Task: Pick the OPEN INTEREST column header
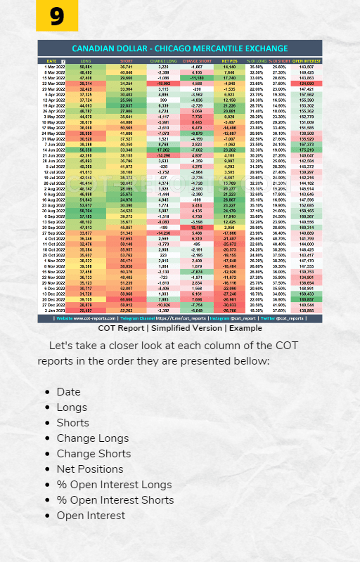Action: pyautogui.click(x=307, y=62)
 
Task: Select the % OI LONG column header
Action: pyautogui.click(x=257, y=62)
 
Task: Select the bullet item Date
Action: pyautogui.click(x=69, y=392)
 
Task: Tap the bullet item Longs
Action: pyautogui.click(x=72, y=407)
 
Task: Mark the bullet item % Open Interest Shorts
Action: pyautogui.click(x=115, y=500)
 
